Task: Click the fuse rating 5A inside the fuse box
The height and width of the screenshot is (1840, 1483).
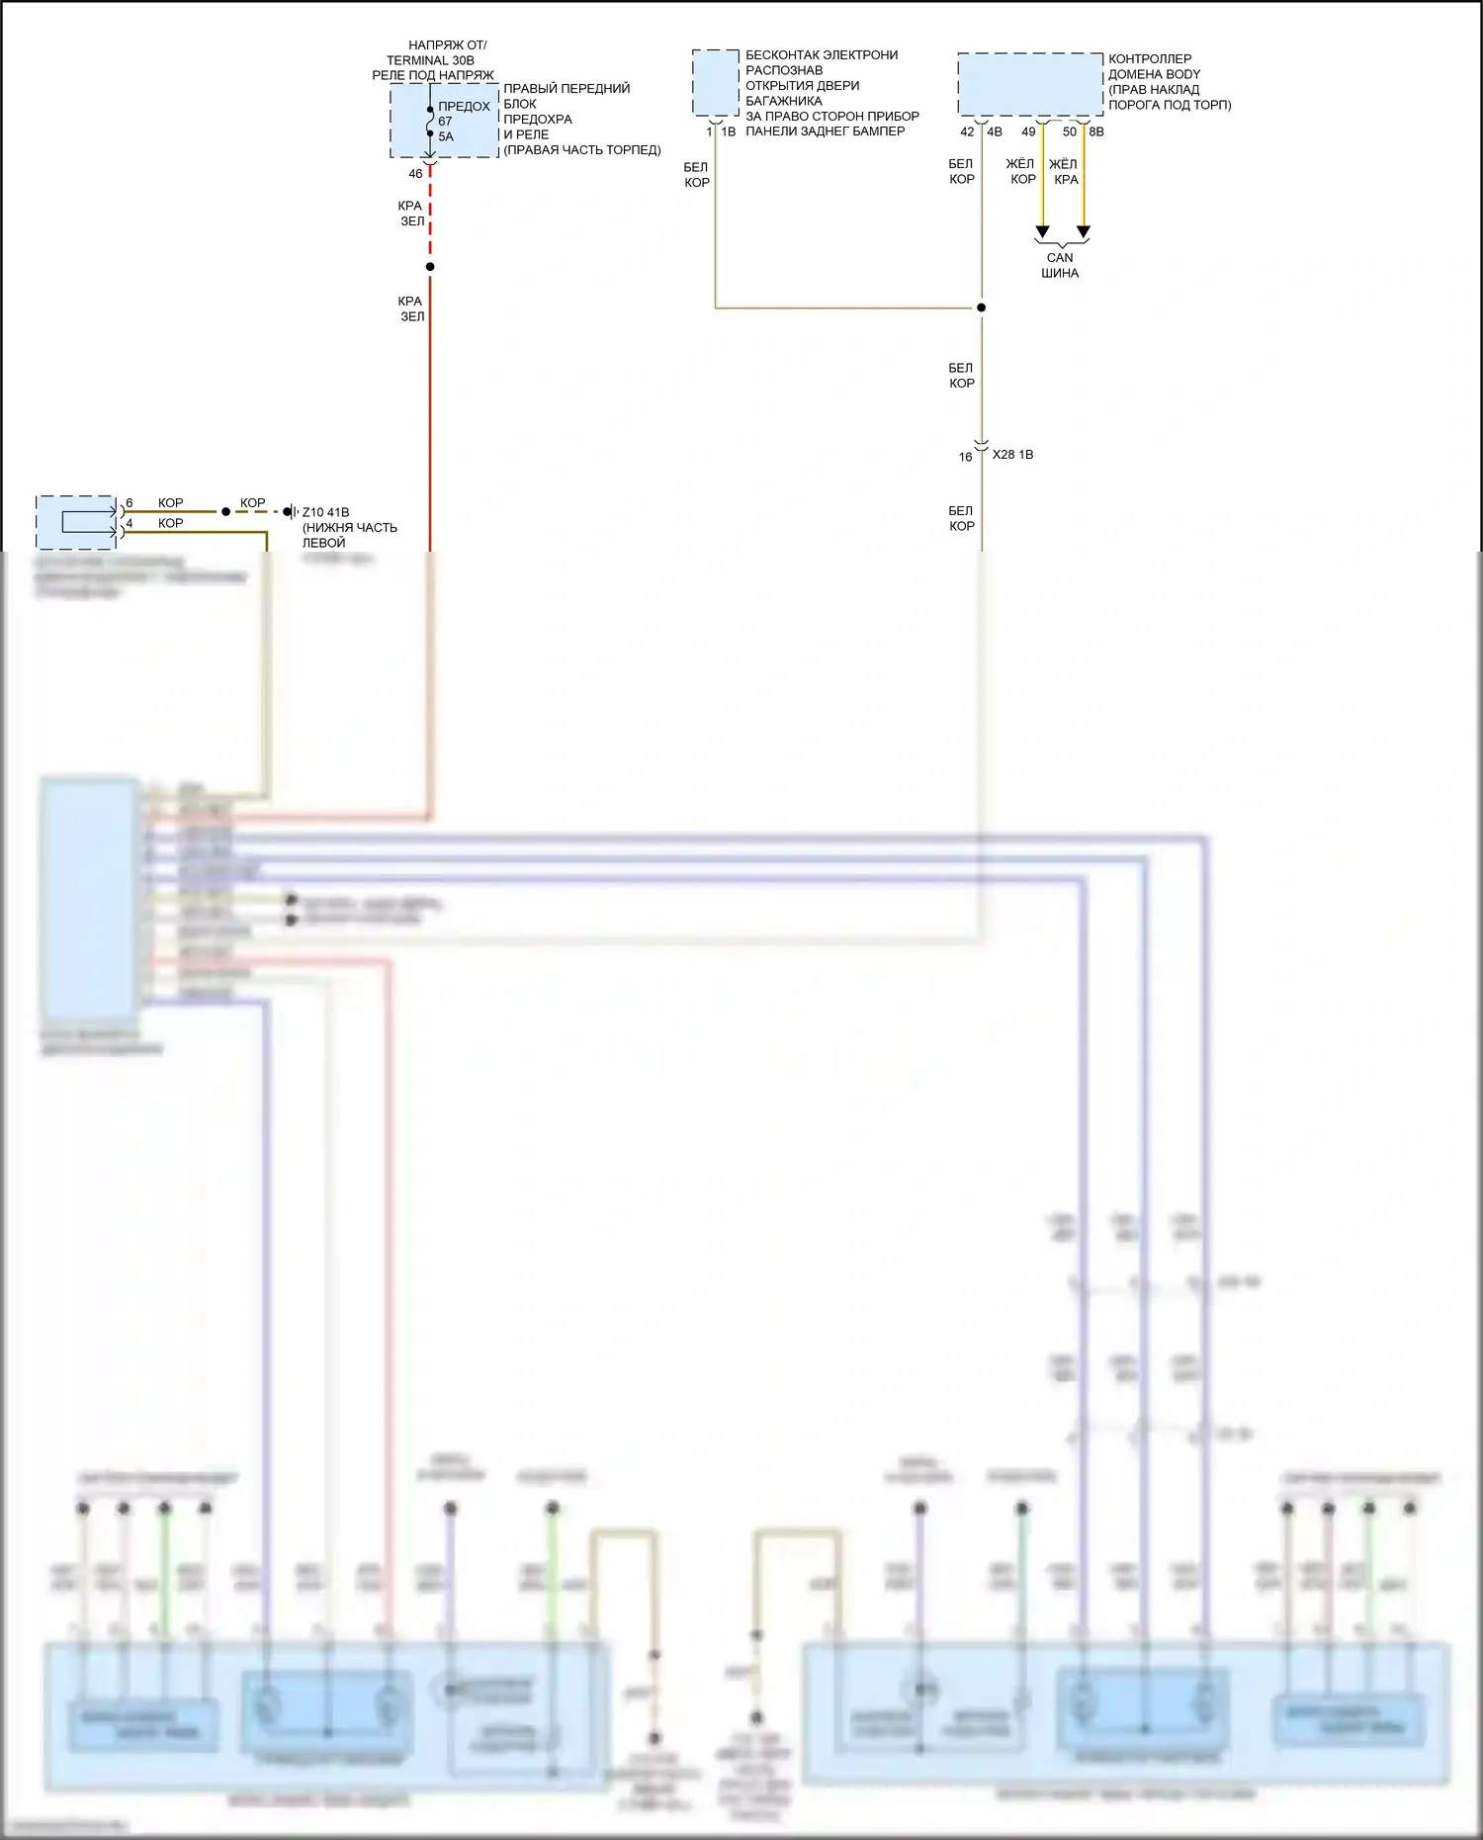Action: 446,137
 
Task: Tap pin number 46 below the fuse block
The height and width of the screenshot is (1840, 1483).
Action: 415,174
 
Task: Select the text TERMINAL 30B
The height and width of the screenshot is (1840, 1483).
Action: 430,60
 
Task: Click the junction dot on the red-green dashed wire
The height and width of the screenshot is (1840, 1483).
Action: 430,267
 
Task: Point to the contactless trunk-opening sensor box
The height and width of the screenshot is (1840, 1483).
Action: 715,83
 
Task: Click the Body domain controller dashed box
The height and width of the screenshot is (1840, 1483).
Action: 1029,84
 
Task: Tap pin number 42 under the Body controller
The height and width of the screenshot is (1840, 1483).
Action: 967,131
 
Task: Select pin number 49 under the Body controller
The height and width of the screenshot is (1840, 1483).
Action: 1028,131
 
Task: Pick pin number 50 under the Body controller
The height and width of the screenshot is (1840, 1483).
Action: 1069,131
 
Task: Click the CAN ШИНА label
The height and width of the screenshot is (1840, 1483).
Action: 1060,265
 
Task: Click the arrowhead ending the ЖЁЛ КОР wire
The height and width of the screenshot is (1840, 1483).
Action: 1042,232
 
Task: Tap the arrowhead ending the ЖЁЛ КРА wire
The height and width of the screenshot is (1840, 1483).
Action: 1084,232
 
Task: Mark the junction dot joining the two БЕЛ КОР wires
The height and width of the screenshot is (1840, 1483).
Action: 982,307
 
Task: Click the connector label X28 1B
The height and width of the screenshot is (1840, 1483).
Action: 1012,455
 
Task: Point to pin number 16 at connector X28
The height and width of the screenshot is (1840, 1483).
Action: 965,457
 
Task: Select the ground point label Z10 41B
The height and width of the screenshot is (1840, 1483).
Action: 325,512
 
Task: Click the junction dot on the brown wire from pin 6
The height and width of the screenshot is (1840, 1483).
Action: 225,511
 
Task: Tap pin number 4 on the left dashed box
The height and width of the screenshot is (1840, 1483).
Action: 130,523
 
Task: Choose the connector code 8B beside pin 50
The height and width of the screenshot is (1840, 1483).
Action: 1096,131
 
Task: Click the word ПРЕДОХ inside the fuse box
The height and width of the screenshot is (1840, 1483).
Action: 464,107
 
